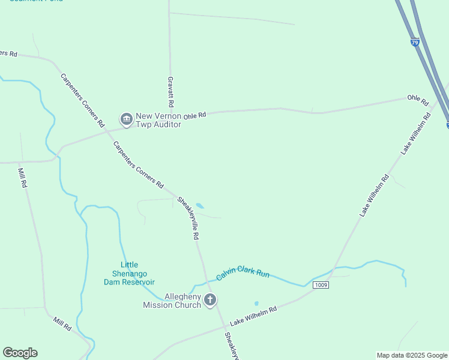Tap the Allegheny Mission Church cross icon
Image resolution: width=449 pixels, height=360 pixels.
pyautogui.click(x=209, y=300)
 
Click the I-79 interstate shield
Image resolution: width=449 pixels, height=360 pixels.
pyautogui.click(x=415, y=43)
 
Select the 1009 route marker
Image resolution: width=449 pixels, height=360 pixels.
pyautogui.click(x=321, y=285)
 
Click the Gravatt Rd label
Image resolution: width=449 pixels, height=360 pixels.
pyautogui.click(x=170, y=92)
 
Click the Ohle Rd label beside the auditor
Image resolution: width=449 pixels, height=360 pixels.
pyautogui.click(x=195, y=115)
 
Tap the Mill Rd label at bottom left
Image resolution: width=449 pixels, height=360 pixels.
pyautogui.click(x=62, y=325)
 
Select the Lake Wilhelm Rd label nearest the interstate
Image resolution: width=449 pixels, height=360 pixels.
pyautogui.click(x=416, y=133)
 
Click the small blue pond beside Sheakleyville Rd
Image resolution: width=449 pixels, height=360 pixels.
pyautogui.click(x=200, y=206)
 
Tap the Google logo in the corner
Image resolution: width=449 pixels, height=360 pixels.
pyautogui.click(x=20, y=353)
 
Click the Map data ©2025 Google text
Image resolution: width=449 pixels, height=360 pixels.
pyautogui.click(x=412, y=355)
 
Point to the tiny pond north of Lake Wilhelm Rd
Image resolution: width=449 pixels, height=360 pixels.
pyautogui.click(x=256, y=304)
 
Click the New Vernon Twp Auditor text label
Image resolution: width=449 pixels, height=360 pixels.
pyautogui.click(x=158, y=120)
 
